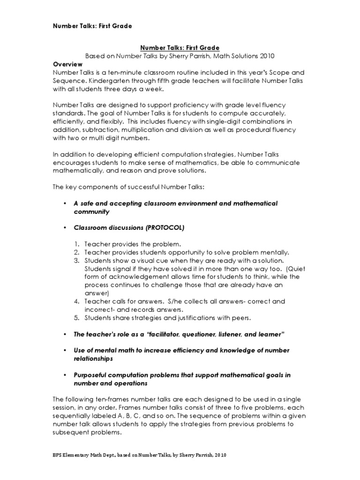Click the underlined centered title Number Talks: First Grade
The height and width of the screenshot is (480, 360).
pos(179,47)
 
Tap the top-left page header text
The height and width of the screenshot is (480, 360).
pos(92,26)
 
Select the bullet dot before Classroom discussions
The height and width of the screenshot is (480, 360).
pos(64,228)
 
